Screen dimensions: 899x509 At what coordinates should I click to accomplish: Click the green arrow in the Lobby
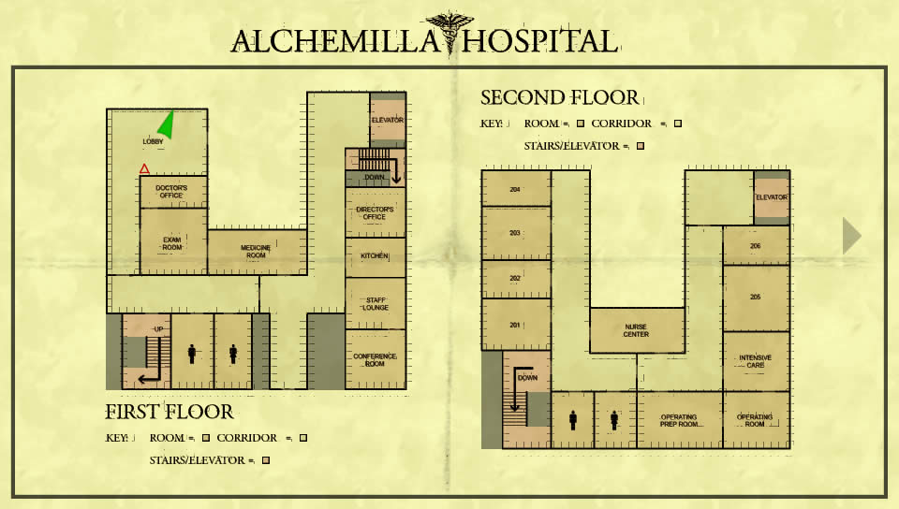167,125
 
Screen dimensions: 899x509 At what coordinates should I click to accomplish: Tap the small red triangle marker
144,168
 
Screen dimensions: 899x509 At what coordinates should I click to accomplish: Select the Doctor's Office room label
171,191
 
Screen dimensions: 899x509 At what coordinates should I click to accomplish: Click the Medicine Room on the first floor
257,252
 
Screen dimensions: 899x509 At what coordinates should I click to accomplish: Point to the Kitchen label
375,256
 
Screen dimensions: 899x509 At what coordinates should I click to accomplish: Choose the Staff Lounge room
376,303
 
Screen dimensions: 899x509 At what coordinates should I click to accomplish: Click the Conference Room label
375,359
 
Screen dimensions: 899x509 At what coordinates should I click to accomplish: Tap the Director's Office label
375,213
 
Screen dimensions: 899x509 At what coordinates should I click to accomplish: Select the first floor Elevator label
388,121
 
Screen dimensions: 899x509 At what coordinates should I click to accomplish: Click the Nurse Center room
637,330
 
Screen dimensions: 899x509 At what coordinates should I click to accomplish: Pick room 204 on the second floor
516,188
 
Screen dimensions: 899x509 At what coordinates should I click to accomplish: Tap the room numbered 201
516,325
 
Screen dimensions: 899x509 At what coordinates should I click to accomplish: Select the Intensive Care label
755,361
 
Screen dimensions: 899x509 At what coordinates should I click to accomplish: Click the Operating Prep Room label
679,421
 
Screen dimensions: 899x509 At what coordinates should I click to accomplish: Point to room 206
757,246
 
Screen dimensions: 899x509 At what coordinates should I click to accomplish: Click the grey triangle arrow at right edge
851,236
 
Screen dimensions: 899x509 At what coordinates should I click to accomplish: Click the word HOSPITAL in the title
540,42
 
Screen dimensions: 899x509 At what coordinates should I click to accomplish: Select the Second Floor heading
560,98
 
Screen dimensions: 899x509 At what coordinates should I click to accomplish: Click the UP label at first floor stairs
159,329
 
